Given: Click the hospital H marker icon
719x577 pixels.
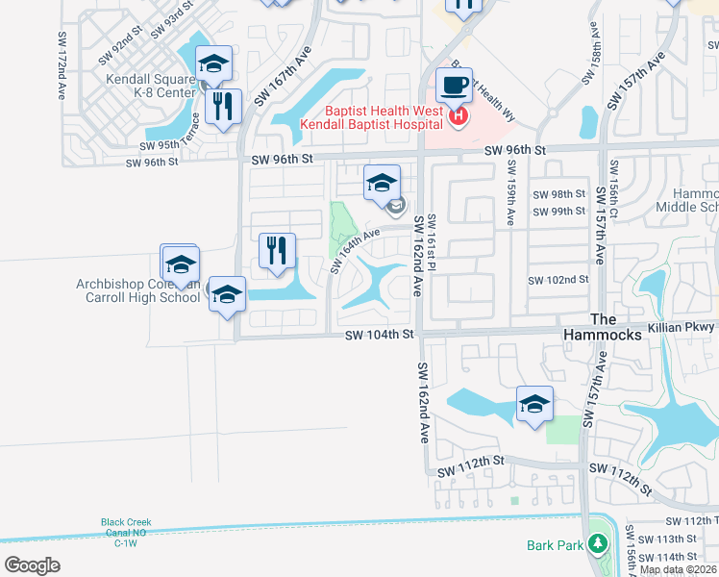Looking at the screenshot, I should (x=459, y=118).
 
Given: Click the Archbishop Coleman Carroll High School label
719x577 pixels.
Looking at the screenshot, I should (x=138, y=290).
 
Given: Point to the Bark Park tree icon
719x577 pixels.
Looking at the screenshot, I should (x=598, y=544).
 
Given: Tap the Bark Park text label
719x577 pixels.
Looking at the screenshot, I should (x=555, y=545).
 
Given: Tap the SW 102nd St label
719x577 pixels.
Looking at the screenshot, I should (x=558, y=280).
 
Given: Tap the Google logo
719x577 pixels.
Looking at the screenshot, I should (x=32, y=564).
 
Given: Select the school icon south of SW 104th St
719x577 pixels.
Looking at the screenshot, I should (x=534, y=403).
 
